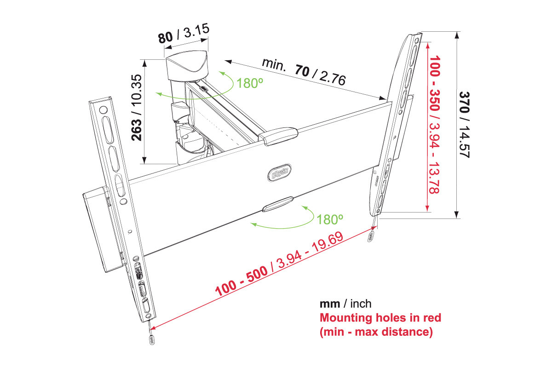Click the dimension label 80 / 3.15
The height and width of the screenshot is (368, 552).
tap(184, 33)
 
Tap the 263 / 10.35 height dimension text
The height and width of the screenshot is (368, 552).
tap(137, 108)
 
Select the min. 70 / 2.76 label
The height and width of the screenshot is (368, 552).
tap(304, 71)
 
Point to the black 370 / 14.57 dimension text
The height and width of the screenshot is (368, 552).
tap(464, 125)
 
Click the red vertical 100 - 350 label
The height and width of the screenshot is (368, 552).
tap(434, 125)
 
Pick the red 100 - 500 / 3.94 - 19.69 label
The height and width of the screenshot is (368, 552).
tap(279, 264)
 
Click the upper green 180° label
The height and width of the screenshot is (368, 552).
tap(250, 83)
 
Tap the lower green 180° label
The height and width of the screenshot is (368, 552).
tap(329, 219)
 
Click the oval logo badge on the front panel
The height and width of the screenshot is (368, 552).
tap(279, 172)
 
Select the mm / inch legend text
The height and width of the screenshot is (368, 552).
tap(345, 304)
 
